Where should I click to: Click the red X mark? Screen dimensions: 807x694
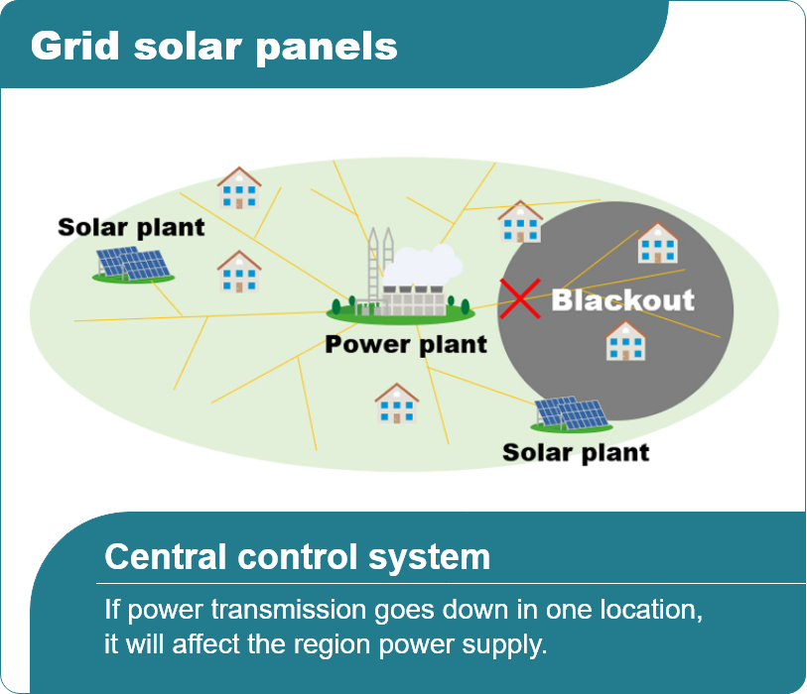[x=520, y=298]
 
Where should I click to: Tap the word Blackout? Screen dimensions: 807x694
[x=622, y=300]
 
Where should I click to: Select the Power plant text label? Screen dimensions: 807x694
[x=406, y=344]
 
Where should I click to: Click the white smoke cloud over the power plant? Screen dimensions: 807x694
[x=423, y=265]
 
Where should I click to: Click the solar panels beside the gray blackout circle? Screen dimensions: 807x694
[x=572, y=412]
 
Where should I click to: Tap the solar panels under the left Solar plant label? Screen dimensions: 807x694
[x=133, y=265]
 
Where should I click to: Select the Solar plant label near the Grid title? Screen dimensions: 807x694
[x=131, y=228]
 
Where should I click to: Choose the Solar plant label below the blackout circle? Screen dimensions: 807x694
[x=576, y=453]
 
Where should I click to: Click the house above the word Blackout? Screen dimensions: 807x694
[x=657, y=243]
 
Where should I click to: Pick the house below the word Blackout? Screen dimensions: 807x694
[x=625, y=341]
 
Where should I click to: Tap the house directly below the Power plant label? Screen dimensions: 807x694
[x=396, y=404]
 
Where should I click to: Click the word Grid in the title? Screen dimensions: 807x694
[x=75, y=47]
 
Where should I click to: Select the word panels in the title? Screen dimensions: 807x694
[x=327, y=49]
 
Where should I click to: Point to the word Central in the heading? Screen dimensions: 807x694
[x=165, y=557]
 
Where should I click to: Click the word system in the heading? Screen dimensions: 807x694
[x=429, y=559]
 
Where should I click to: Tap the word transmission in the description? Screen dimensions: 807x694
[x=289, y=610]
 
